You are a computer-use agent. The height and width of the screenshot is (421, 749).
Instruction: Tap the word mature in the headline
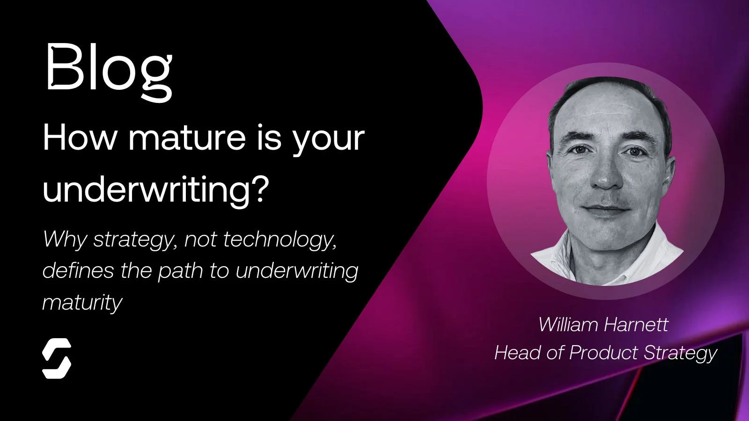click(x=186, y=138)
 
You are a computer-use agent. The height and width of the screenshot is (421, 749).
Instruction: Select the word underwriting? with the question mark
click(x=156, y=189)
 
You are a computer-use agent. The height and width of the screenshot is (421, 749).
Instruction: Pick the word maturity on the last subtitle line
click(x=82, y=302)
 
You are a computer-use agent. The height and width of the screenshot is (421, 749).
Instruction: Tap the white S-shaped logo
click(x=57, y=358)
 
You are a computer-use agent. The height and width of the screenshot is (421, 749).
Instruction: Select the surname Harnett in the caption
click(x=635, y=324)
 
